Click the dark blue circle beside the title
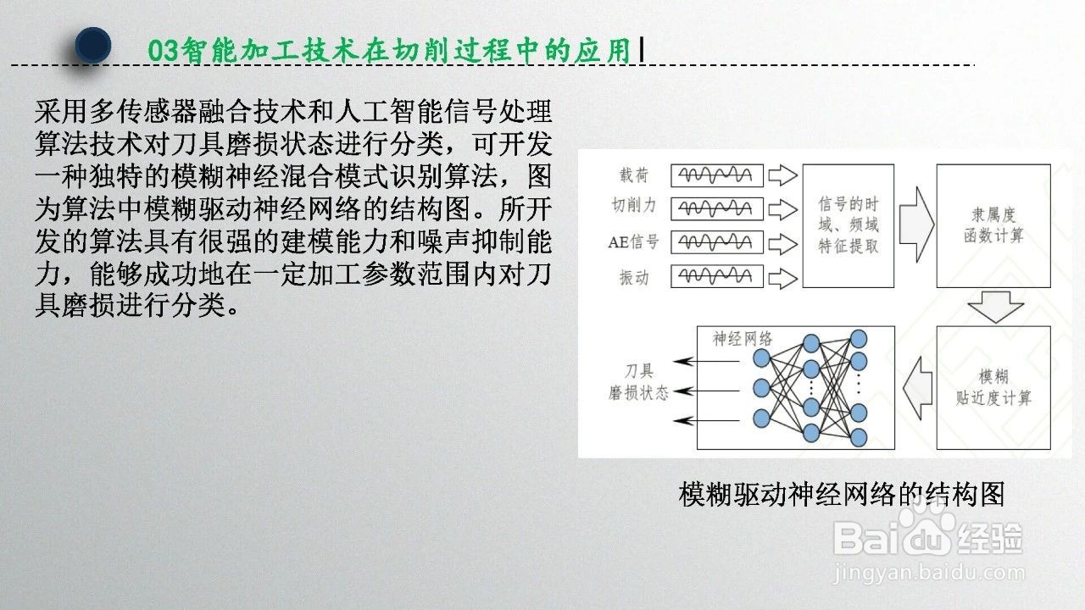click(93, 45)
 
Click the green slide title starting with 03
click(389, 50)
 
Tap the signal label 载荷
click(633, 175)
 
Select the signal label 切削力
click(633, 205)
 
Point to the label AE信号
click(633, 241)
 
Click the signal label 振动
click(634, 277)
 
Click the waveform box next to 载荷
click(717, 175)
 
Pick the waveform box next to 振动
click(717, 276)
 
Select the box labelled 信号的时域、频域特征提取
click(849, 226)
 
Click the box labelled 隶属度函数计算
click(993, 226)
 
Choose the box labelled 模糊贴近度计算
click(993, 388)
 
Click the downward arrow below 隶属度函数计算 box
click(995, 307)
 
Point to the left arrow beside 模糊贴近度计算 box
click(918, 388)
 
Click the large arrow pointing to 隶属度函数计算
click(916, 225)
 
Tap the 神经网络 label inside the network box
click(742, 339)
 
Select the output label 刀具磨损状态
click(638, 382)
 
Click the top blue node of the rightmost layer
click(859, 339)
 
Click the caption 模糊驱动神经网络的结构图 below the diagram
click(842, 494)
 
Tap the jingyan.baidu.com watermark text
click(928, 574)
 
